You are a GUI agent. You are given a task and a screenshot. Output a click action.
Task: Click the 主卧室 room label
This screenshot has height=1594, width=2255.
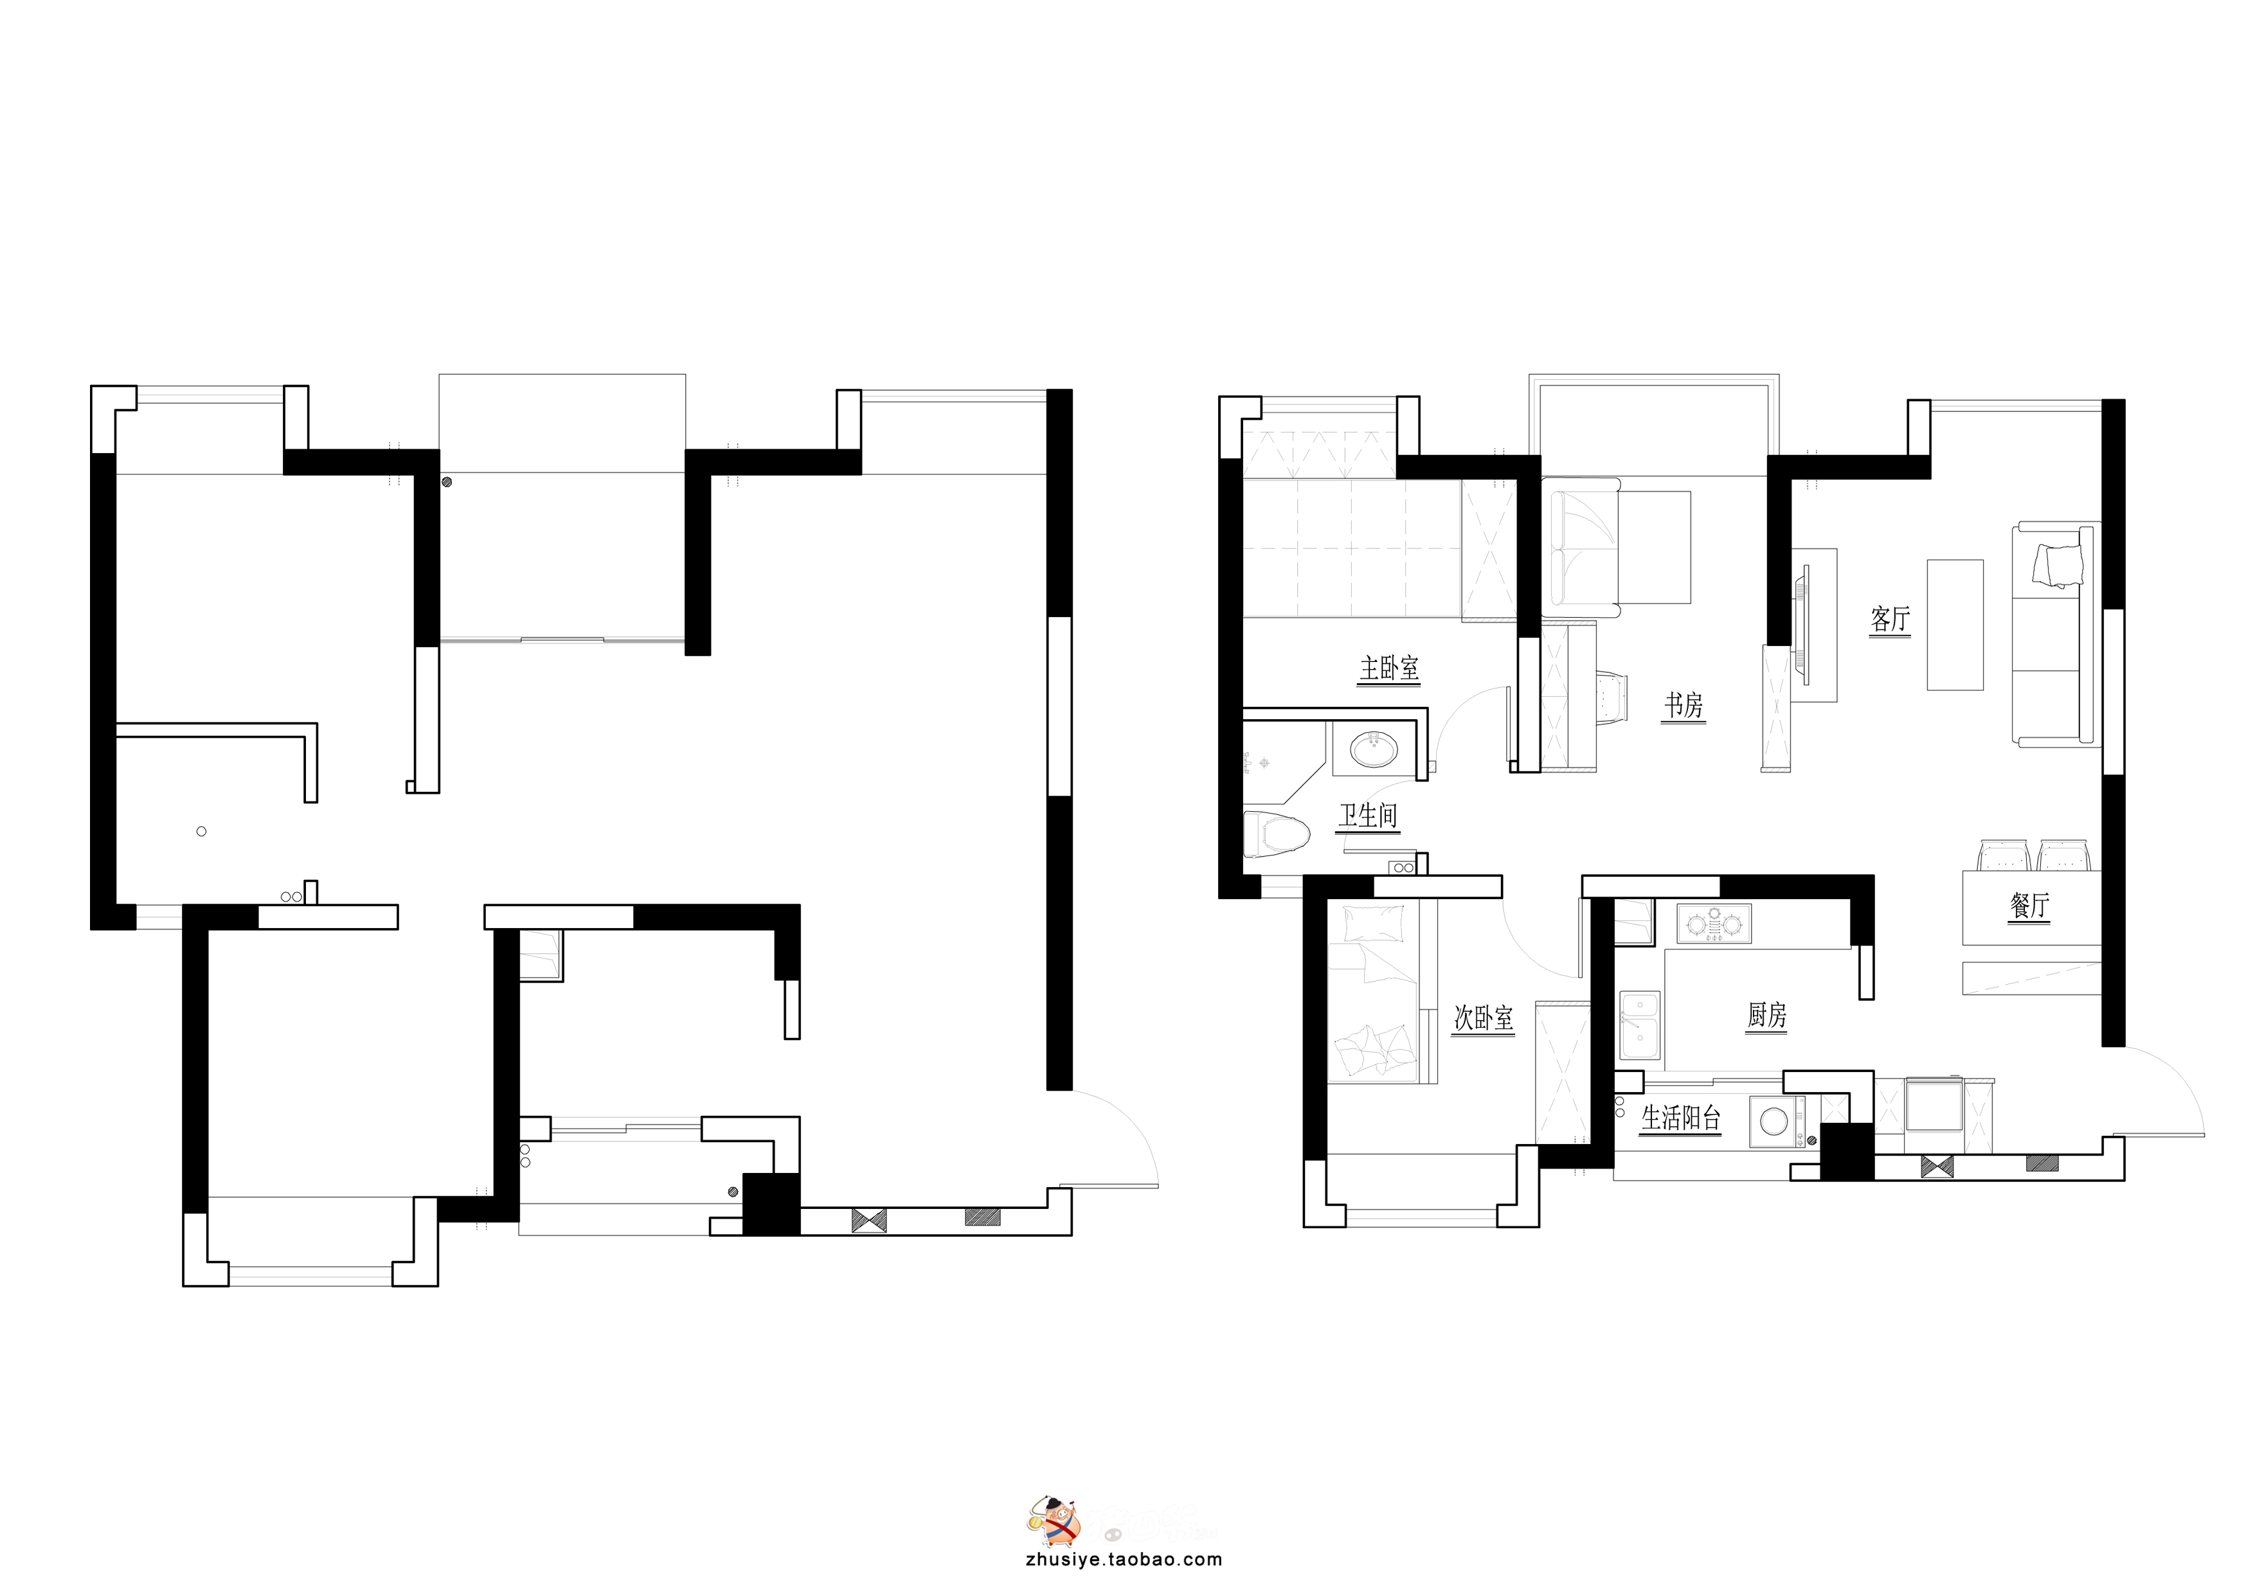pyautogui.click(x=1388, y=669)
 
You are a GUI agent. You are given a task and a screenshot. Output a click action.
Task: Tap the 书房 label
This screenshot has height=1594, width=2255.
pyautogui.click(x=1684, y=705)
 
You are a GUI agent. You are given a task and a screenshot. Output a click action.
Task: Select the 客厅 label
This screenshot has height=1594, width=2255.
pyautogui.click(x=1891, y=619)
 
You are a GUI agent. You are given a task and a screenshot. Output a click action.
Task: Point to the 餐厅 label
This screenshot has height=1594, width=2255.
pyautogui.click(x=2029, y=904)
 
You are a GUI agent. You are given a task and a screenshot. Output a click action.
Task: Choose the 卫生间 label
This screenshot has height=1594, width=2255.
pyautogui.click(x=1368, y=815)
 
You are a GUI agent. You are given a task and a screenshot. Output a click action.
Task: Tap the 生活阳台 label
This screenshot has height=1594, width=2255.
pyautogui.click(x=1682, y=1118)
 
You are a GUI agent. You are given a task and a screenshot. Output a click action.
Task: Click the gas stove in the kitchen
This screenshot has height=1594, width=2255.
pyautogui.click(x=1714, y=923)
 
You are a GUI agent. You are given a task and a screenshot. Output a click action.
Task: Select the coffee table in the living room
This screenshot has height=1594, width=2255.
pyautogui.click(x=1954, y=625)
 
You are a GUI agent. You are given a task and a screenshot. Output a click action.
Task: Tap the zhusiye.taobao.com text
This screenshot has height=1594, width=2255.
pyautogui.click(x=1124, y=1560)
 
